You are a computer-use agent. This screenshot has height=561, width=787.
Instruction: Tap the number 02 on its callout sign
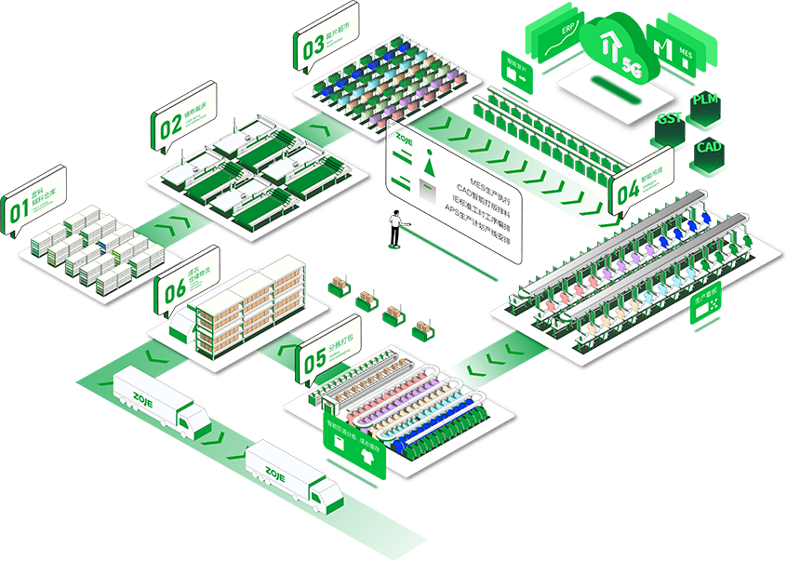pos(168,127)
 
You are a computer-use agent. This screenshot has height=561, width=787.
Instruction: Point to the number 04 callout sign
pos(627,190)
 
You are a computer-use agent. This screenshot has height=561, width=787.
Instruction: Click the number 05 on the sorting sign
pos(313,359)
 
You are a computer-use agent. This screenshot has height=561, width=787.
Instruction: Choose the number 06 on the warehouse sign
pos(174,290)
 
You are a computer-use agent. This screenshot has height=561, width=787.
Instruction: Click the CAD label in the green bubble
pos(709,147)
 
